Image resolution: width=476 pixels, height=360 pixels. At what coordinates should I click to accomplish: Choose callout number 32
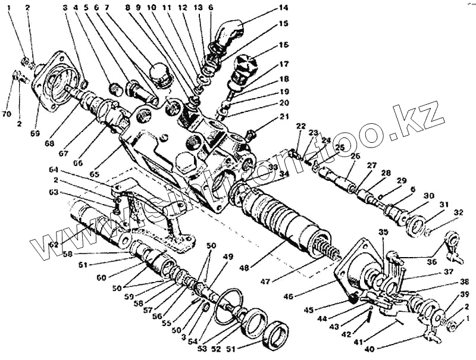[x=458, y=212]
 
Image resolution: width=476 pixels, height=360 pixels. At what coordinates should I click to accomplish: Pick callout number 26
[x=356, y=157]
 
